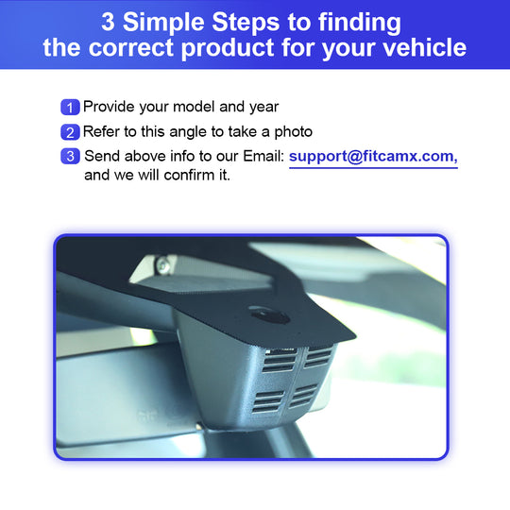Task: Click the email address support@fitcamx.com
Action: (x=373, y=157)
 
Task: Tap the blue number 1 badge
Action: (x=70, y=108)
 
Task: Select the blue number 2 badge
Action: (x=70, y=132)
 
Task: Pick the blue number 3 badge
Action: (x=70, y=156)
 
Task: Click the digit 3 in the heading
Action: (x=108, y=23)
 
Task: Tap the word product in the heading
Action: (x=228, y=49)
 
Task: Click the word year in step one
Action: (x=263, y=108)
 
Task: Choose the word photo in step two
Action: (x=294, y=132)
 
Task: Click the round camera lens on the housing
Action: (x=269, y=315)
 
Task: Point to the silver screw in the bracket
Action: (x=163, y=266)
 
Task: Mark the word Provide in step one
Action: (x=109, y=107)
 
